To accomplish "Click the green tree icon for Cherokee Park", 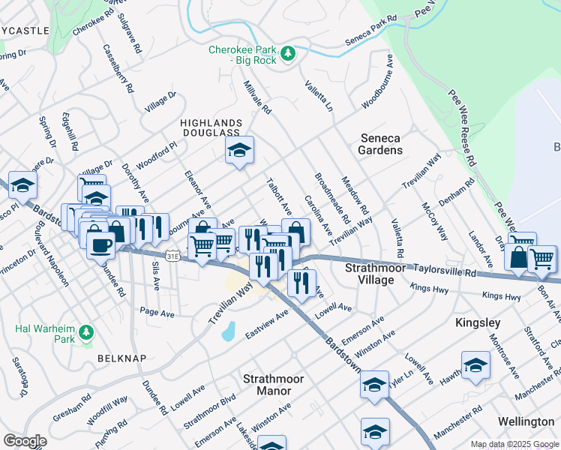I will click(x=286, y=53).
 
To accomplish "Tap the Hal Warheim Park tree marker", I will click(x=87, y=331).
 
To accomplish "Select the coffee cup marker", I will click(x=100, y=243).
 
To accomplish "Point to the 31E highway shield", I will click(x=173, y=256).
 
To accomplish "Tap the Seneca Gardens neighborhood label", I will click(x=381, y=144).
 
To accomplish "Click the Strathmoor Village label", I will click(x=369, y=274).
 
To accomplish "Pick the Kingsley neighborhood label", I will click(x=478, y=322).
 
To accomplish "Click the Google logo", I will click(x=24, y=441).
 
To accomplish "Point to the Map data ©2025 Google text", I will click(x=514, y=444).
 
